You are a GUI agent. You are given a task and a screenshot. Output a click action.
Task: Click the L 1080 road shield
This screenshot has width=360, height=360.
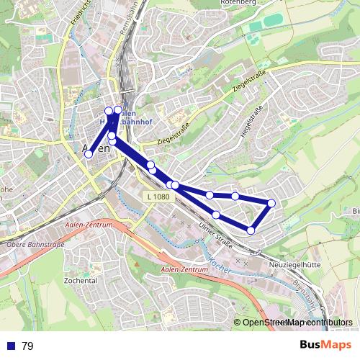coord(156,196)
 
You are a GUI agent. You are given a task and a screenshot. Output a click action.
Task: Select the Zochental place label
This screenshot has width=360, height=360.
coord(81,280)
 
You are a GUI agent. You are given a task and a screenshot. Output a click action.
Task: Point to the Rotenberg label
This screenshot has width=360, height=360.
coord(260,3)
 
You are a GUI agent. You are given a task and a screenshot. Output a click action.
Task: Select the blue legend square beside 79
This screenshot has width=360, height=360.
coord(10,346)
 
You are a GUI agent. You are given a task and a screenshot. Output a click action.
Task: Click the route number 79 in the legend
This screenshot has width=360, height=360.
coord(27,346)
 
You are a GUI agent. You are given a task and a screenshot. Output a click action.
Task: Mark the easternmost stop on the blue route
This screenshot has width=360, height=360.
coord(271,203)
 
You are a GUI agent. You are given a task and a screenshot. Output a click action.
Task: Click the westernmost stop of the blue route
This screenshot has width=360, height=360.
coord(89,154)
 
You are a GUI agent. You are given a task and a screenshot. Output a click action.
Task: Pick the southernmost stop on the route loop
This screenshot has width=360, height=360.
coord(251,230)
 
